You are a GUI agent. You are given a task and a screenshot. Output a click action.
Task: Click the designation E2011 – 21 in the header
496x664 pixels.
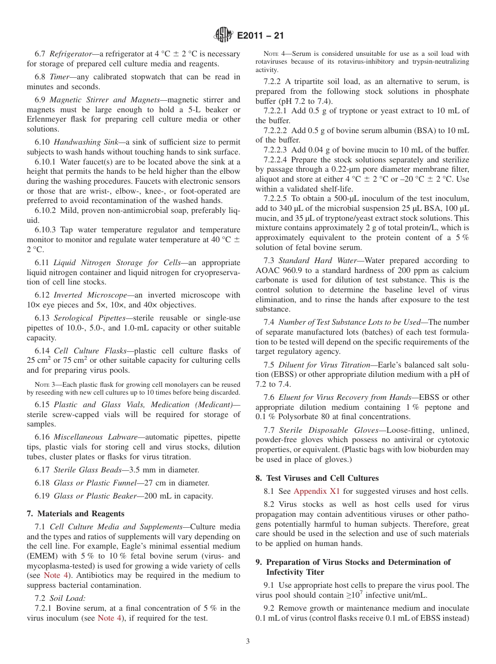pyautogui.click(x=260, y=36)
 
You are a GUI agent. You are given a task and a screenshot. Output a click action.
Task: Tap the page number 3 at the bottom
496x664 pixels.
pyautogui.click(x=247, y=641)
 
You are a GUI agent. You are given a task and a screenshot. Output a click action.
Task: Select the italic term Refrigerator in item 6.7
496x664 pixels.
pyautogui.click(x=70, y=54)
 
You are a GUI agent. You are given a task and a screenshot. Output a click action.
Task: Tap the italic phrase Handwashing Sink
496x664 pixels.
pyautogui.click(x=87, y=142)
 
